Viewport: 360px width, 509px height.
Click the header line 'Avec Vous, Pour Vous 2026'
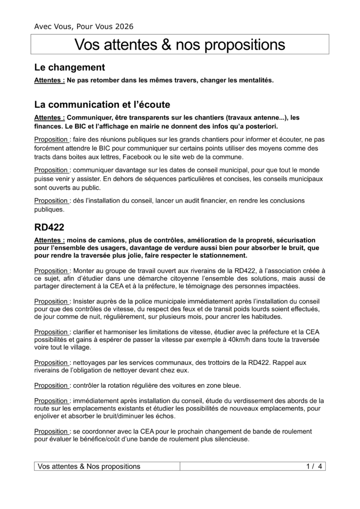point(84,26)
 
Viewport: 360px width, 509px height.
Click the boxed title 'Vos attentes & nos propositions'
point(180,45)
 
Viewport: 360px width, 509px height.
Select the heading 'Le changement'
point(69,67)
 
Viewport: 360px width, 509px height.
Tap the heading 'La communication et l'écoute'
point(102,105)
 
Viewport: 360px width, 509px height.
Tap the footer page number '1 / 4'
point(314,466)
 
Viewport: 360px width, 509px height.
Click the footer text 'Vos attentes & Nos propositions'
point(89,466)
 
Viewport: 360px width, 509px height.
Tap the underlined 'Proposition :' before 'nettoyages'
point(52,362)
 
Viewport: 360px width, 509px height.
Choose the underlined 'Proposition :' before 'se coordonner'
point(52,431)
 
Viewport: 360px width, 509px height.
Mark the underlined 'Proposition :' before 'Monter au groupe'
point(52,270)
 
